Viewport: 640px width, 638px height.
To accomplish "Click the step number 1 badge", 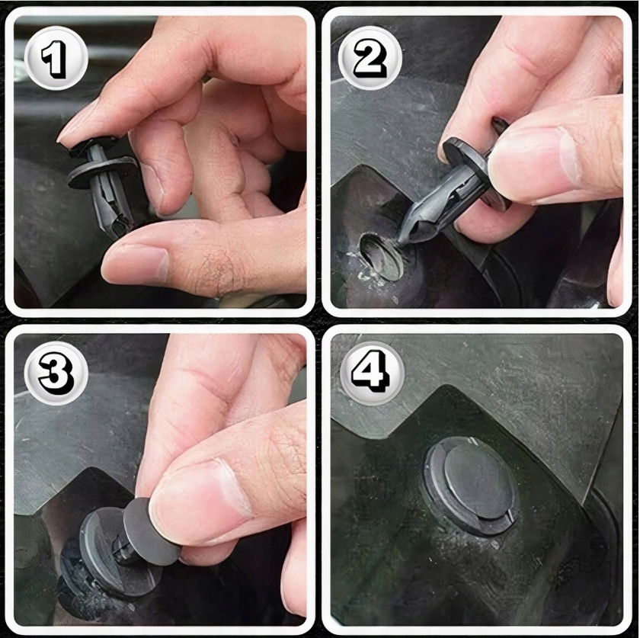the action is tap(56, 58).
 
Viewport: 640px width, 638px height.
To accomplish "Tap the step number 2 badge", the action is tap(370, 58).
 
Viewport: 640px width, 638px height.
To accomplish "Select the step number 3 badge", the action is tap(56, 374).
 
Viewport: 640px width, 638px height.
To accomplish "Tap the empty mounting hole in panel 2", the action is tap(380, 256).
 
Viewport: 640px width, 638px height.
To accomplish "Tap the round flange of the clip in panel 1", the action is tap(103, 172).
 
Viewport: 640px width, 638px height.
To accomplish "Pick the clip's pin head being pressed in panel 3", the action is tap(150, 531).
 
